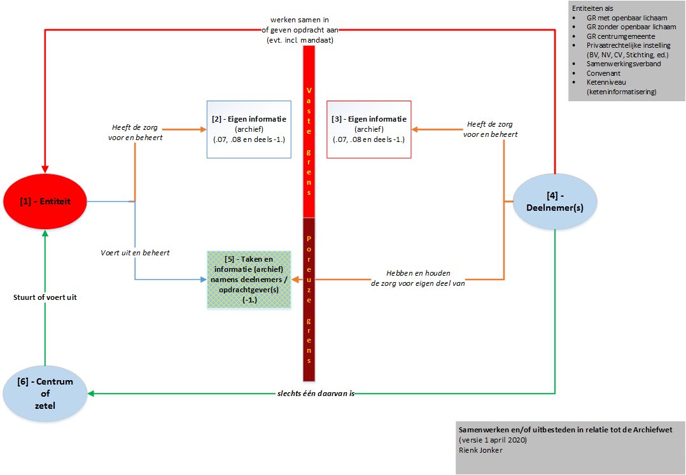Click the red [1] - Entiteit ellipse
tap(45, 201)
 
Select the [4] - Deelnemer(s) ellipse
tap(555, 202)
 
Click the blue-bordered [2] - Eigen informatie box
tap(249, 129)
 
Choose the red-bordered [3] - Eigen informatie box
tap(369, 129)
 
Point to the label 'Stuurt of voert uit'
tap(45, 297)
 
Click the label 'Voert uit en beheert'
tap(135, 253)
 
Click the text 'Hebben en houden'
tap(417, 273)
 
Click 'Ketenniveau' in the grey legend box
tap(606, 82)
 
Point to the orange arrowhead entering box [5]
tap(296, 280)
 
